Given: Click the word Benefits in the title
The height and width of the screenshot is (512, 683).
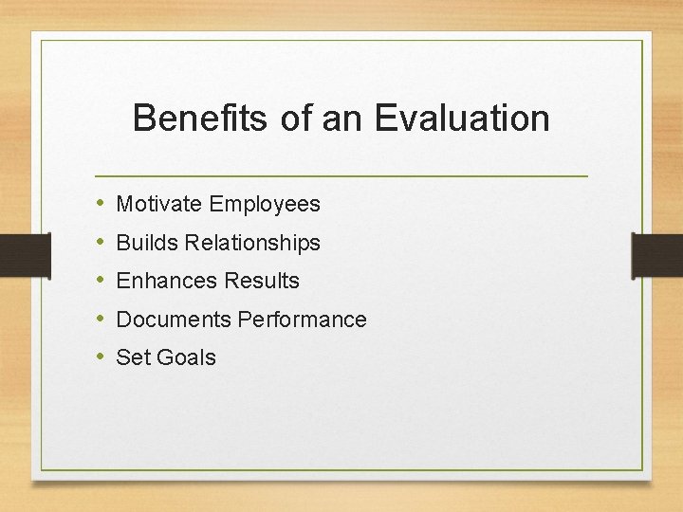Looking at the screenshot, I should [x=200, y=119].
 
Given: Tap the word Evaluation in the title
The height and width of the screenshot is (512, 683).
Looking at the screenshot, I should [x=462, y=119].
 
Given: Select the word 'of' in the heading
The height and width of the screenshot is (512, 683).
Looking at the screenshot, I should [x=297, y=119].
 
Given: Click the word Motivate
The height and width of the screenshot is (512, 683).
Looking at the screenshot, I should [x=159, y=204].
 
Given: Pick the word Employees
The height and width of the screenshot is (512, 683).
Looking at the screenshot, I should [x=265, y=205].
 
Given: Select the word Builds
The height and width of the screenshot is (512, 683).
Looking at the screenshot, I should [x=147, y=243].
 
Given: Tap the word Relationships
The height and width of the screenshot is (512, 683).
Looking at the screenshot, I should [x=253, y=244].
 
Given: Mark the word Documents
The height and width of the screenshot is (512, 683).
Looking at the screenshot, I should [x=174, y=320].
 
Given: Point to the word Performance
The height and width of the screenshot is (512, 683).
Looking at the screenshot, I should [x=302, y=320].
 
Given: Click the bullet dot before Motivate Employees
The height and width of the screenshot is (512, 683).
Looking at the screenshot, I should [x=101, y=204].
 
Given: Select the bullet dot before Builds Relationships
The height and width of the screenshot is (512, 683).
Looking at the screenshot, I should [x=101, y=243].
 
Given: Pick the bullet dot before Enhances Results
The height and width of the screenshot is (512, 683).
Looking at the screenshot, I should [x=101, y=281].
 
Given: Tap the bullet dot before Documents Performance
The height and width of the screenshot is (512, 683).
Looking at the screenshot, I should [x=101, y=320].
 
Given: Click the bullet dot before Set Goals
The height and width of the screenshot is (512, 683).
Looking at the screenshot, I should [x=101, y=357].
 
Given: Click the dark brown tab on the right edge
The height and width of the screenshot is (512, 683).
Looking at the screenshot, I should [x=657, y=255].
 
